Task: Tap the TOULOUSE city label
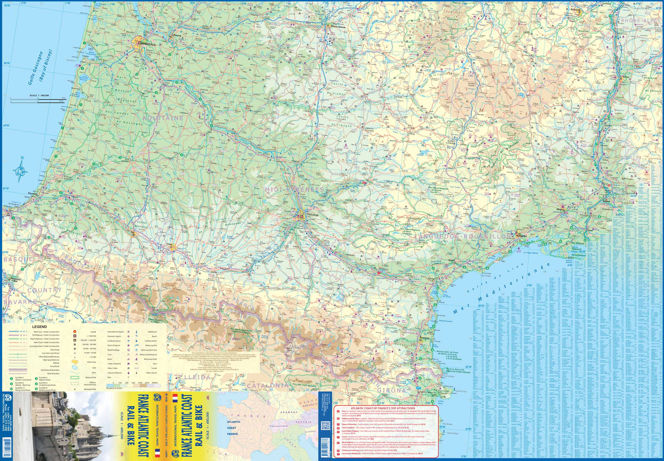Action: point(312,215)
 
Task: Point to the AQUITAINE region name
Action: point(163,118)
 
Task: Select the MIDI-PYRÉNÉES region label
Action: point(294,189)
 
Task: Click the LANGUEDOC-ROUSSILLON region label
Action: point(462,236)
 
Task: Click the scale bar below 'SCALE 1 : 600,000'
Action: point(39,100)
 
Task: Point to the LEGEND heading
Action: point(39,327)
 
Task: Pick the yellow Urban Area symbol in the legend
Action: point(75,362)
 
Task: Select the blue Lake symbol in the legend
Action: point(75,368)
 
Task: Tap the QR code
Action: point(325,426)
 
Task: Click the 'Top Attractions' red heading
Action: point(383,408)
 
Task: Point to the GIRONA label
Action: point(392,390)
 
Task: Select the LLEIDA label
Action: point(197,377)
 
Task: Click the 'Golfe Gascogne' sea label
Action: point(36,69)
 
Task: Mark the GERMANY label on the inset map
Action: point(289,412)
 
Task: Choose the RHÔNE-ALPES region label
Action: point(640,21)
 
